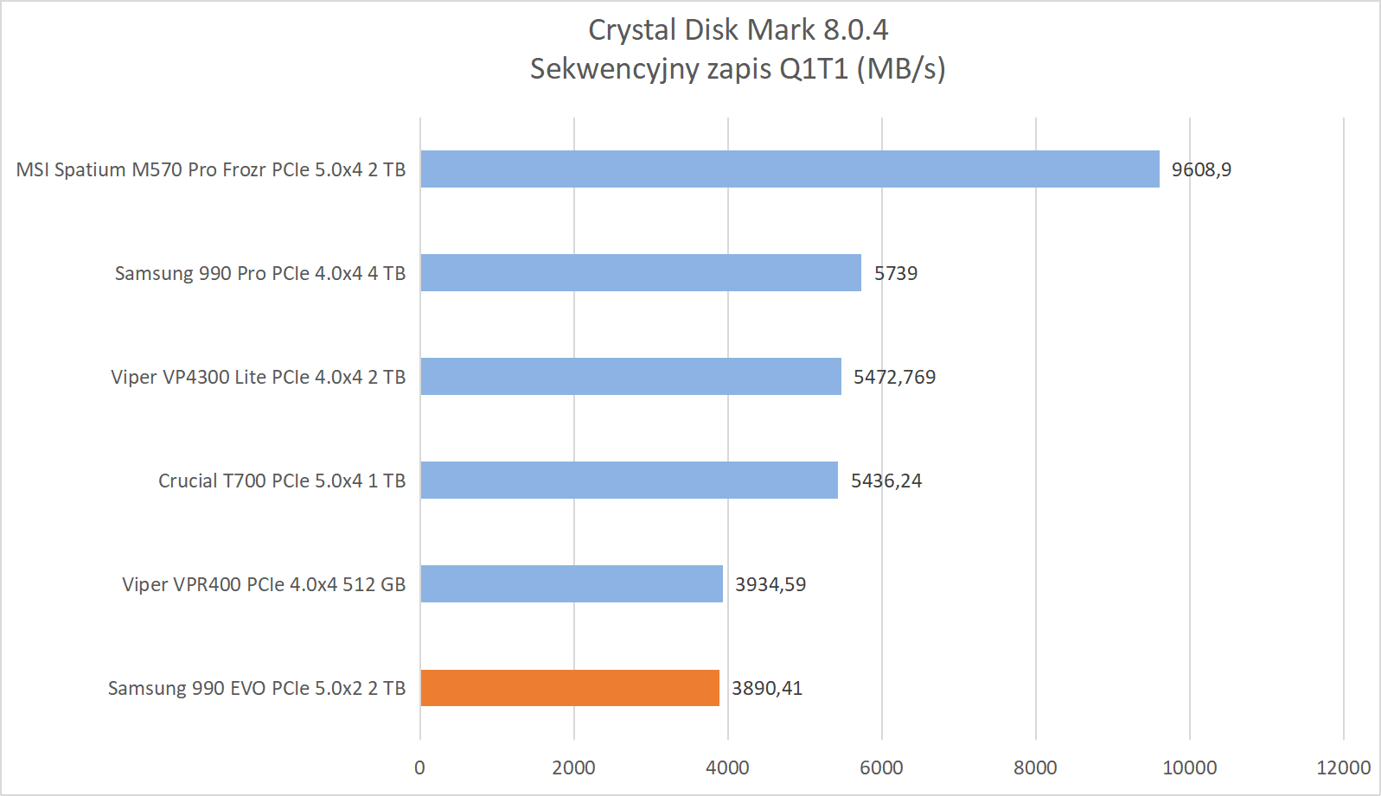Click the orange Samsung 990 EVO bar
pyautogui.click(x=570, y=688)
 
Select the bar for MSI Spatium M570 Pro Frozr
pyautogui.click(x=790, y=169)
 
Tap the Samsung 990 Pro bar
pyautogui.click(x=641, y=273)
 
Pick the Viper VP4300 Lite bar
pyautogui.click(x=630, y=377)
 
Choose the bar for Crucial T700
pyautogui.click(x=629, y=481)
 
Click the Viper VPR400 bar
pyautogui.click(x=572, y=584)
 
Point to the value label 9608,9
pyautogui.click(x=1201, y=169)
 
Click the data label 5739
pyautogui.click(x=895, y=273)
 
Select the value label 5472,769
pyautogui.click(x=894, y=377)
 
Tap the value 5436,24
pyautogui.click(x=886, y=481)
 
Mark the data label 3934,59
pyautogui.click(x=770, y=584)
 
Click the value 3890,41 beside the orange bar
pyautogui.click(x=767, y=688)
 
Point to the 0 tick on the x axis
pyautogui.click(x=420, y=767)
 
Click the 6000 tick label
pyautogui.click(x=881, y=767)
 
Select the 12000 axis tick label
pyautogui.click(x=1343, y=767)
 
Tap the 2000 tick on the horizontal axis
pyautogui.click(x=574, y=767)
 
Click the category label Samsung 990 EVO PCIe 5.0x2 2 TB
pyautogui.click(x=257, y=688)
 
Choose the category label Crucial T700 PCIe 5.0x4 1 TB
pyautogui.click(x=282, y=481)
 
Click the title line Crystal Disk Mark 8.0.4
pyautogui.click(x=738, y=30)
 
